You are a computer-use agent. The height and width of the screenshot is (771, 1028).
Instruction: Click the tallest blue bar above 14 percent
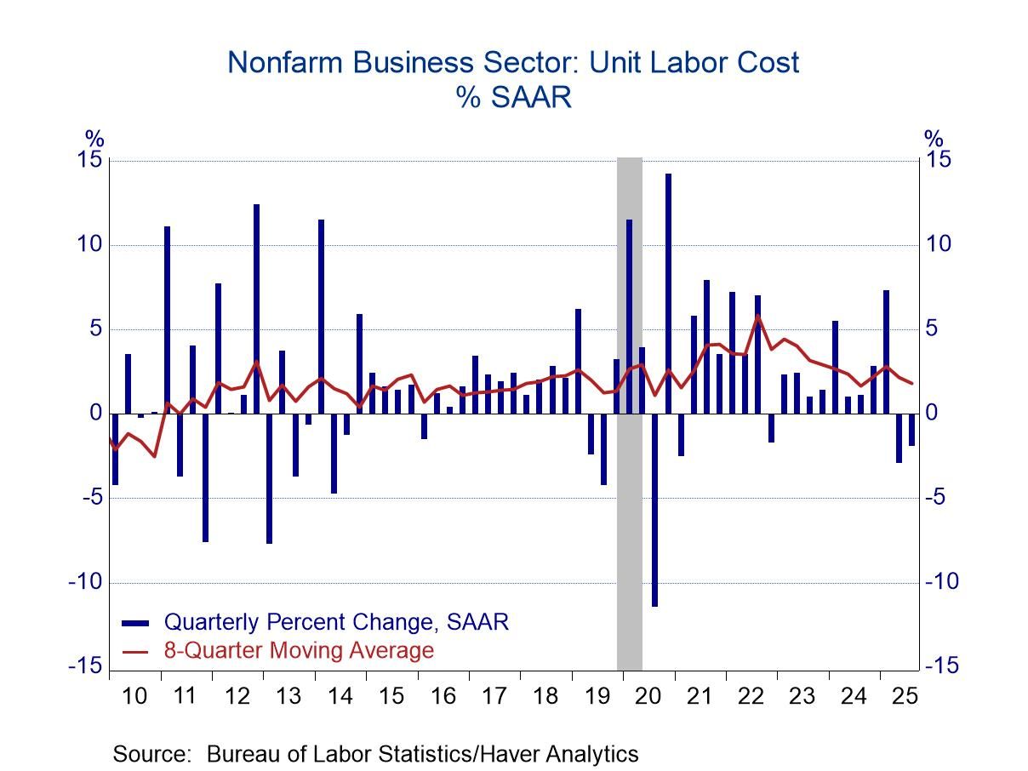click(668, 294)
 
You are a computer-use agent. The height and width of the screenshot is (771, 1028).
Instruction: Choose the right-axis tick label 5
click(934, 329)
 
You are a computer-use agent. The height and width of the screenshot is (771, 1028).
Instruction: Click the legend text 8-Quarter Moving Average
click(299, 651)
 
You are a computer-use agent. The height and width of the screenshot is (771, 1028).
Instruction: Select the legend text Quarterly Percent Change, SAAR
click(336, 622)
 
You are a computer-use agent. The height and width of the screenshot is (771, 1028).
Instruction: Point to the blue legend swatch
click(136, 622)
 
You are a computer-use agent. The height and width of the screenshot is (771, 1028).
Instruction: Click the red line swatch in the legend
click(136, 651)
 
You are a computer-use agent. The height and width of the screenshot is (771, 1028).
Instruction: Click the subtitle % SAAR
click(513, 97)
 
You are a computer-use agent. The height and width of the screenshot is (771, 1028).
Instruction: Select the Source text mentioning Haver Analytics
click(375, 753)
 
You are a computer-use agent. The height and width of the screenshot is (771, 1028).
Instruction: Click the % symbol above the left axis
click(94, 139)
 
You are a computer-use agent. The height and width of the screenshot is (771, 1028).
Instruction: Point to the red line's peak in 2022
click(757, 316)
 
